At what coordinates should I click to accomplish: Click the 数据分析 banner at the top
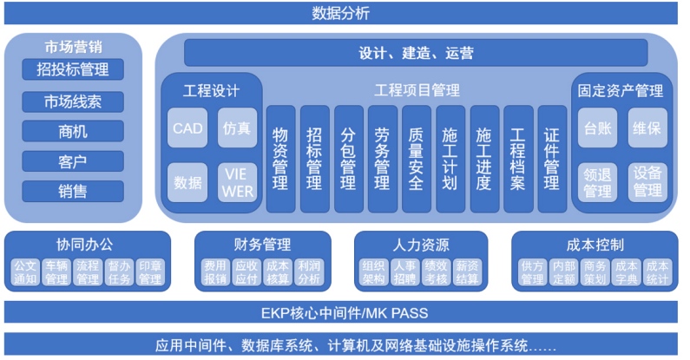(x=341, y=13)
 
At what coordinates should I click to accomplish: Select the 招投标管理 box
(x=73, y=69)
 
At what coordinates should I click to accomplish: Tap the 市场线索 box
(x=73, y=102)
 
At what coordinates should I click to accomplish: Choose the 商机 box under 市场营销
(x=73, y=132)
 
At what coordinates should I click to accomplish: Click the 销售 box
(x=73, y=191)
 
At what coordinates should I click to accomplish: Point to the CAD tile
(x=187, y=128)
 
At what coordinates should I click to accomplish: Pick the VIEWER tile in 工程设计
(x=238, y=182)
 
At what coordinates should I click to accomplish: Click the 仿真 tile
(x=238, y=128)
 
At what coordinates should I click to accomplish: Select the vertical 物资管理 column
(x=280, y=159)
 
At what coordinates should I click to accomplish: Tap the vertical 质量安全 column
(x=417, y=159)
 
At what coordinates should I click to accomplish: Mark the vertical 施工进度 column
(x=484, y=159)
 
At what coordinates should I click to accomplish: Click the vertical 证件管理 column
(x=552, y=159)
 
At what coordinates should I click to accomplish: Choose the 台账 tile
(x=598, y=128)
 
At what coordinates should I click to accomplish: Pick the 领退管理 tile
(x=598, y=182)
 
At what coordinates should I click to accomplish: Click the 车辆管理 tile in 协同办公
(x=56, y=272)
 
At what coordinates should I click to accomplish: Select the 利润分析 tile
(x=309, y=272)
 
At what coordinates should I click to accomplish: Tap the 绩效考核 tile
(x=436, y=272)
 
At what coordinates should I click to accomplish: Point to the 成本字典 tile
(x=626, y=272)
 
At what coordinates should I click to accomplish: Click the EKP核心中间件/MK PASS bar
(x=341, y=312)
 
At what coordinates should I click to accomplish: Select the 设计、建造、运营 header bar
(x=416, y=53)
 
